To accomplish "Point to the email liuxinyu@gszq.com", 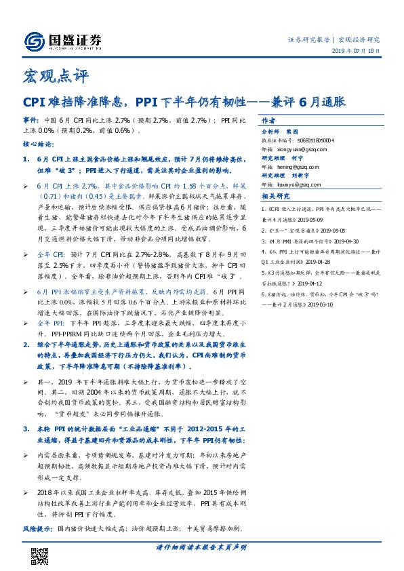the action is pyautogui.click(x=309, y=183).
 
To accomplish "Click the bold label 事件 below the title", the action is pyautogui.click(x=30, y=118).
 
